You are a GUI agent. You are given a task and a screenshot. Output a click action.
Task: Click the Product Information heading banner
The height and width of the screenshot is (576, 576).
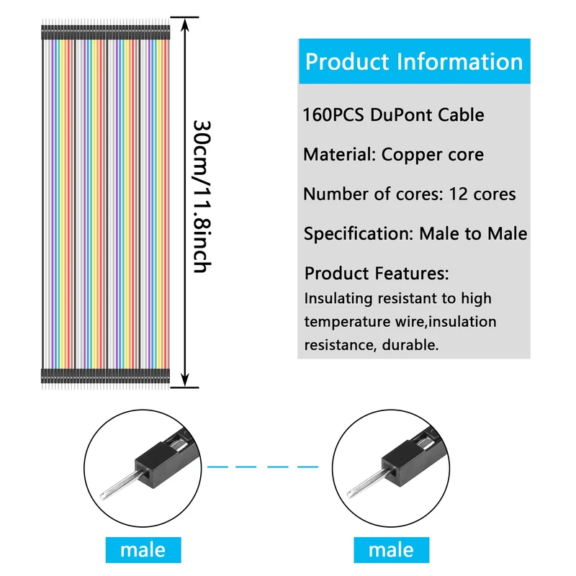coord(413,61)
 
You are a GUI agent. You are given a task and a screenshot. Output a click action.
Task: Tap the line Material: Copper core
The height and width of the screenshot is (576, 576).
coord(393,155)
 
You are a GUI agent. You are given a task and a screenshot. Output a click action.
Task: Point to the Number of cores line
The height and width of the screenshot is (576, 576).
coord(409,194)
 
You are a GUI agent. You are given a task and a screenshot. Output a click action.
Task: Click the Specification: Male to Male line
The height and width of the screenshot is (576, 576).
coord(415,233)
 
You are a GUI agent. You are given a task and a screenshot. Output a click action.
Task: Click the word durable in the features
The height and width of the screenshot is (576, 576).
coord(411,345)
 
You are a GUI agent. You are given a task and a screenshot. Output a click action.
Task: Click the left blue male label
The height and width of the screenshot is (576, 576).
coord(143,551)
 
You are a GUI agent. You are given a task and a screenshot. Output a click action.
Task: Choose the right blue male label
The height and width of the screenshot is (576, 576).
coord(391,551)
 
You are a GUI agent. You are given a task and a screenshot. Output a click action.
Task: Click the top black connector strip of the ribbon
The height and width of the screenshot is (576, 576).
coord(104,33)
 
